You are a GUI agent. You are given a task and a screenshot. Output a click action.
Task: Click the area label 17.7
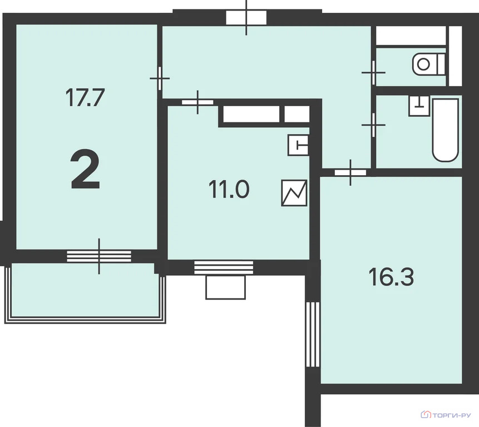tap(85, 97)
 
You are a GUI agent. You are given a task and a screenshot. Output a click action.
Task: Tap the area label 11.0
tap(229, 189)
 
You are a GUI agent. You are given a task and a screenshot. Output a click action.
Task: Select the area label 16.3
tap(391, 276)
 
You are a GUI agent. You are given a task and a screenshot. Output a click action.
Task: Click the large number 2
tap(85, 169)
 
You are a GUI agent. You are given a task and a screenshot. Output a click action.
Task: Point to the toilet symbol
tap(428, 64)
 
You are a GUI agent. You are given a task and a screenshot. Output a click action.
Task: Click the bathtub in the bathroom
tap(446, 130)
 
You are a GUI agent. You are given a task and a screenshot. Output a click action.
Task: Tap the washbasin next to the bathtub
tap(419, 106)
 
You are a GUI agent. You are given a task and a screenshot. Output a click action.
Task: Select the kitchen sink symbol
tap(298, 145)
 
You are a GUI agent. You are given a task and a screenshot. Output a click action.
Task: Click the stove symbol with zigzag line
tap(294, 193)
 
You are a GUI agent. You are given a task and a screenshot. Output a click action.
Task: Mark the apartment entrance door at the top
tap(246, 17)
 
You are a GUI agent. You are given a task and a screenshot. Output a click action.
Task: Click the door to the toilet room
tap(373, 73)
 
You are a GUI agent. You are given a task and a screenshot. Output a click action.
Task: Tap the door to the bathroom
tap(373, 125)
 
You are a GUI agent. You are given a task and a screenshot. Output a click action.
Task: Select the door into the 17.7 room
tap(160, 78)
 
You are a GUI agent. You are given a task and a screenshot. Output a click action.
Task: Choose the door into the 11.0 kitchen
tap(197, 102)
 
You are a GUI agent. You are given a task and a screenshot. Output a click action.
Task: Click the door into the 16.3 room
tap(350, 172)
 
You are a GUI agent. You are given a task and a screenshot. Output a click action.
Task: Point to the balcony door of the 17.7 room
tap(99, 256)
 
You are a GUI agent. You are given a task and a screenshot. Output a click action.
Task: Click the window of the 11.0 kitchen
tap(224, 267)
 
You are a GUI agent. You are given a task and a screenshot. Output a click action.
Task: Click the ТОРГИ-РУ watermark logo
tap(446, 415)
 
